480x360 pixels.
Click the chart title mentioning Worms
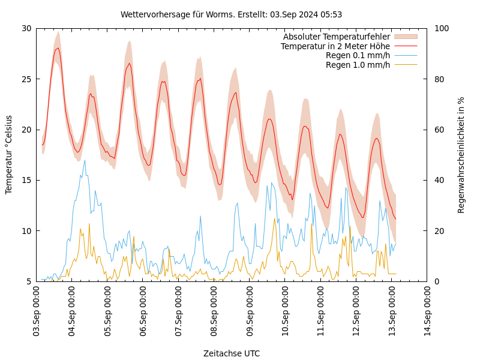click(231, 14)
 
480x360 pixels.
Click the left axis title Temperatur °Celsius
click(9, 154)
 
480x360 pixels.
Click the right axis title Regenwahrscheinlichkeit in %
click(461, 154)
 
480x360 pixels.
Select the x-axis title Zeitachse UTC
click(231, 353)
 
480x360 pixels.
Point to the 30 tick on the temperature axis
click(26, 28)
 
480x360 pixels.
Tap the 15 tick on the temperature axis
click(26, 180)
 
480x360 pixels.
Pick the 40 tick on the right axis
click(437, 180)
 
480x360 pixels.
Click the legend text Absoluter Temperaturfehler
click(336, 37)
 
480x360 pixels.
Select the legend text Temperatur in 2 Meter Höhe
click(335, 46)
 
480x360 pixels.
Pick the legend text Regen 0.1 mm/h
click(358, 55)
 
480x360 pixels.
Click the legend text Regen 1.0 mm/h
click(358, 65)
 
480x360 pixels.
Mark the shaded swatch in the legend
click(406, 37)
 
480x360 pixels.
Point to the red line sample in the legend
click(406, 46)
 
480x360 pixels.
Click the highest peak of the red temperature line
click(58, 48)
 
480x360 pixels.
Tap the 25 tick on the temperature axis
click(26, 79)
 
